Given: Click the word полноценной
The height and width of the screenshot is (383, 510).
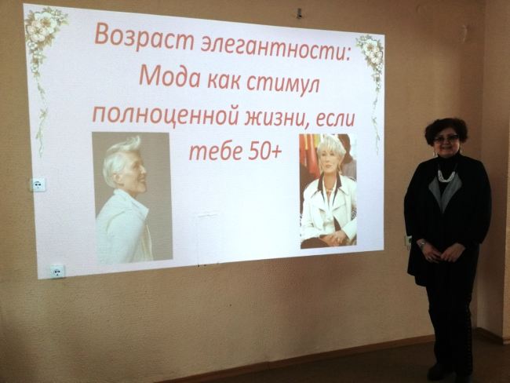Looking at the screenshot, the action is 165,115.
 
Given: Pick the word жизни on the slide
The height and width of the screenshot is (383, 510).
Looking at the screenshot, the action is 275,119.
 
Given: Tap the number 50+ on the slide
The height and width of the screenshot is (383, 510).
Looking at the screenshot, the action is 264,152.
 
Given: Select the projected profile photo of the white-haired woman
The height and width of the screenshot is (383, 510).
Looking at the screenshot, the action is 132,197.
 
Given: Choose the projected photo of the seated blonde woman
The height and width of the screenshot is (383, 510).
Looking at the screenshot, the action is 327,191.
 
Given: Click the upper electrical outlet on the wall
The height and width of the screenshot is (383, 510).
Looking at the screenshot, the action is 38,185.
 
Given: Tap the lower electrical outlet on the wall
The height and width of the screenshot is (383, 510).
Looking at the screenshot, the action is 57,272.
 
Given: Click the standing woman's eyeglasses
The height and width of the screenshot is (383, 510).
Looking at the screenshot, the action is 446,139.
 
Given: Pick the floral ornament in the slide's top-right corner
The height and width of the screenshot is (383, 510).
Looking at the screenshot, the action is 371,55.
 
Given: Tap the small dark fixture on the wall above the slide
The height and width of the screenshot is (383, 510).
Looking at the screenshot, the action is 300,13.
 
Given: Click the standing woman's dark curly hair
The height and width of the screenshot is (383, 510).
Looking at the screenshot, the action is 446,129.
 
